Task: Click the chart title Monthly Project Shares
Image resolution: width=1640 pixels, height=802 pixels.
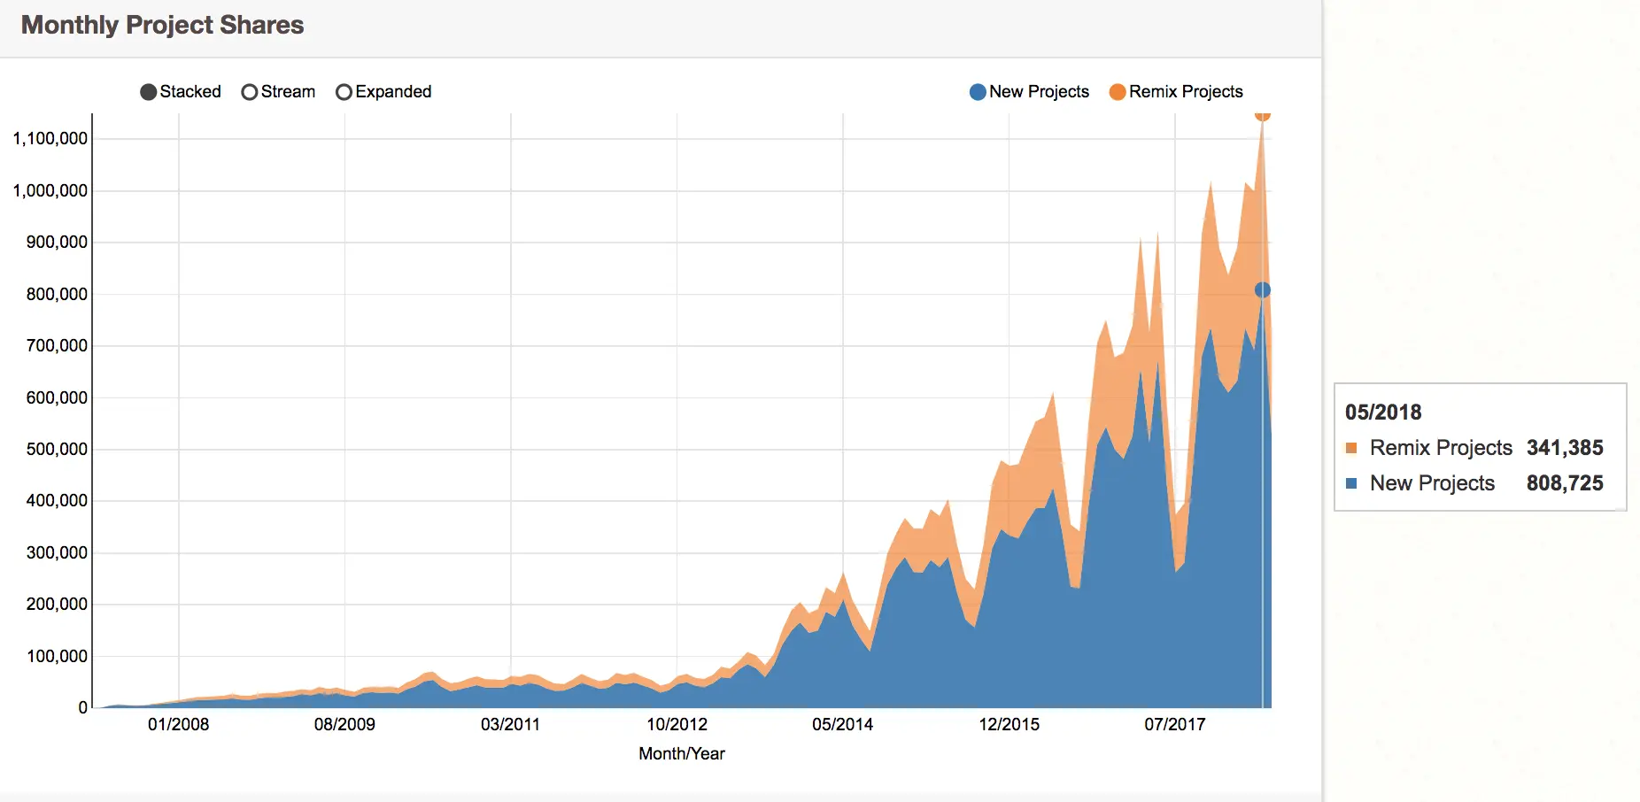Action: (x=162, y=25)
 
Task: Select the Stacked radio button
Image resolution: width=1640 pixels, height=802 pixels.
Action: (x=149, y=92)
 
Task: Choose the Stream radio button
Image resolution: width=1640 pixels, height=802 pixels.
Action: (x=250, y=92)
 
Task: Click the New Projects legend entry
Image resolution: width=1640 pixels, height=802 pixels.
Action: (x=1029, y=92)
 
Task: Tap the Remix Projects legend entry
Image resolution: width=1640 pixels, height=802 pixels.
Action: (x=1176, y=92)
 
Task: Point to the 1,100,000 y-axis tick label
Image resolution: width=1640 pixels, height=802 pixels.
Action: (x=50, y=138)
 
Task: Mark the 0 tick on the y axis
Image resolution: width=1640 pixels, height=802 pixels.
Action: (x=82, y=707)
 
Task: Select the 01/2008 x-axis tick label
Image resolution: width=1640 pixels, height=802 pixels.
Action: (x=179, y=724)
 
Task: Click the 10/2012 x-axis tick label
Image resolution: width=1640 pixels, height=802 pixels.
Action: (x=677, y=724)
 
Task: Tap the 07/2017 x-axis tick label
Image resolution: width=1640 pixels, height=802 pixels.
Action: (x=1175, y=724)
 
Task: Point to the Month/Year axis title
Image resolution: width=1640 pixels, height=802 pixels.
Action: (x=682, y=753)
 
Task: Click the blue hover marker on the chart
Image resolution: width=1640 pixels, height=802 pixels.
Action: (x=1263, y=290)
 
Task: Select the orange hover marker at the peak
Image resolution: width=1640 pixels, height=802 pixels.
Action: (x=1263, y=114)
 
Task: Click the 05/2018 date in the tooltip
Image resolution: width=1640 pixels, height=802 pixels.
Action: (x=1383, y=412)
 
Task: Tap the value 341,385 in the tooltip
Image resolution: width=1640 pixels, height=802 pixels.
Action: (x=1565, y=448)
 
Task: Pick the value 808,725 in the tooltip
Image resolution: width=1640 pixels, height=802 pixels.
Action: (x=1565, y=483)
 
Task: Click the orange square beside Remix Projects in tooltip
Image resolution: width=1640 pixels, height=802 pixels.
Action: (x=1351, y=448)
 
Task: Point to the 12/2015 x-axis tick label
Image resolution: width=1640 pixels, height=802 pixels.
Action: (x=1010, y=724)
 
